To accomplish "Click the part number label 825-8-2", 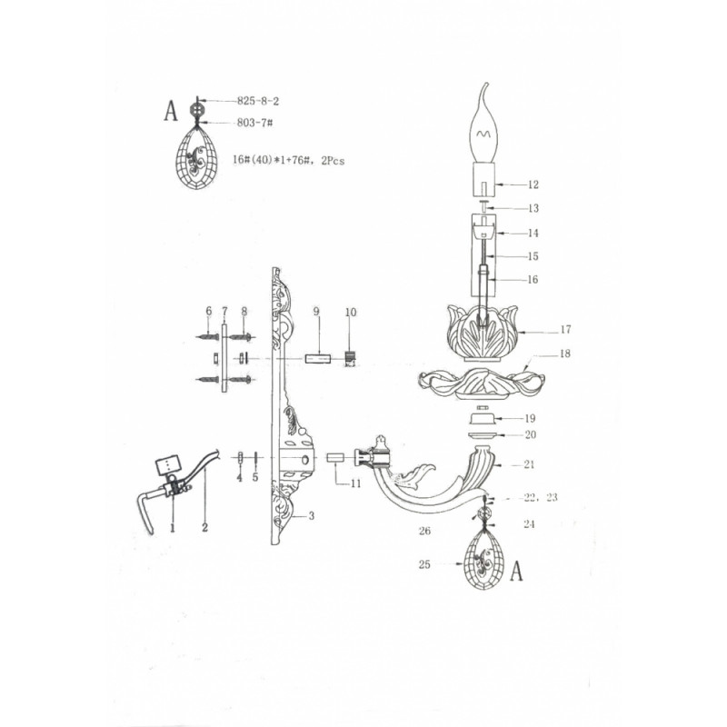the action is (258, 101).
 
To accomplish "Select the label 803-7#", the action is (254, 123).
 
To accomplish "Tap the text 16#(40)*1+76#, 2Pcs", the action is (288, 161).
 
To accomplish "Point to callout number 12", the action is (533, 184).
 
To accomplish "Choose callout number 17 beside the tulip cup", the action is (565, 330).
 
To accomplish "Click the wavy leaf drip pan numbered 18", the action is (482, 383).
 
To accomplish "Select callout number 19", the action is (530, 419).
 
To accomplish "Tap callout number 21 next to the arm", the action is (529, 464).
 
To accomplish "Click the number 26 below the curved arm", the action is (424, 531).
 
